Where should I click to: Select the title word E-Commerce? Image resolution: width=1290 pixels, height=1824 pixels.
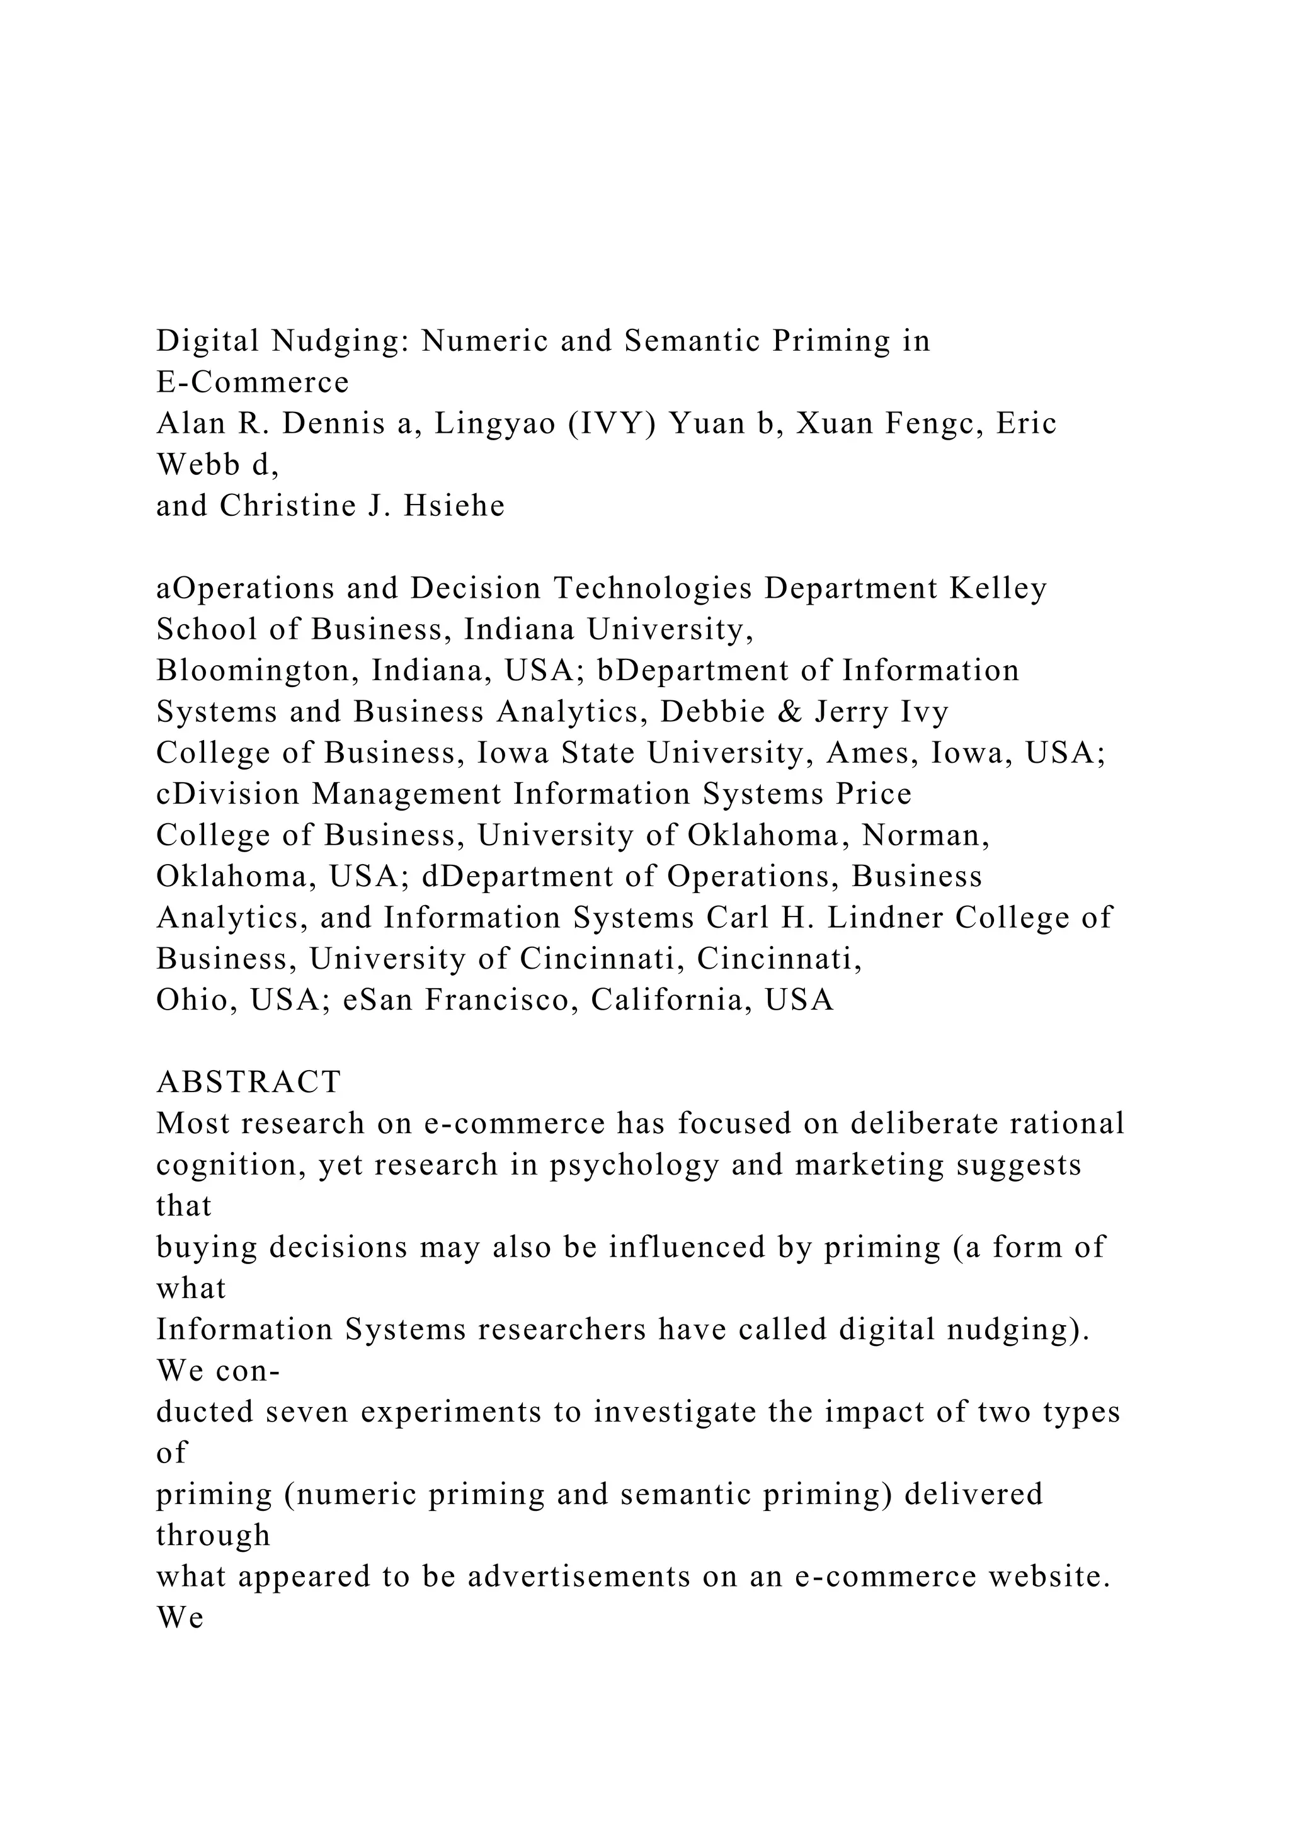(253, 383)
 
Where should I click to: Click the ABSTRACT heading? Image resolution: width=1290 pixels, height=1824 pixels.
(249, 1082)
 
